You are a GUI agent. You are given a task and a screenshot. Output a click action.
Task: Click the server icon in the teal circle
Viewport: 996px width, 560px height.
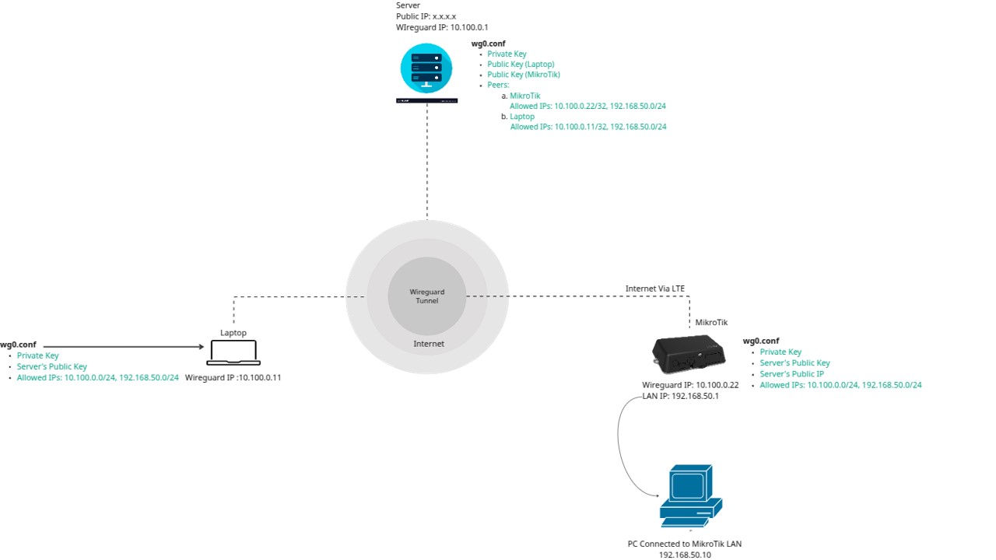[426, 68]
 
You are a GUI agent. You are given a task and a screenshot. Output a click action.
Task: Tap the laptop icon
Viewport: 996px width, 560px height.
[233, 352]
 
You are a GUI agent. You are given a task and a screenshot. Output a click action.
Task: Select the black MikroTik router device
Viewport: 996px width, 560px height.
[688, 354]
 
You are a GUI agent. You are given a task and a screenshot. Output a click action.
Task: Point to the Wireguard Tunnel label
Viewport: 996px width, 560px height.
[426, 296]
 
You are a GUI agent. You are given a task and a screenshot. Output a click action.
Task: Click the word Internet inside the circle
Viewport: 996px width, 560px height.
[429, 344]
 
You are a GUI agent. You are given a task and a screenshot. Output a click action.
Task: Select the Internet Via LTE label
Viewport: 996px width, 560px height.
[655, 289]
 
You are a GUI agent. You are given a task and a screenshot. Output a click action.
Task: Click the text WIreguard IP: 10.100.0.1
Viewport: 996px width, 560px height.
[442, 27]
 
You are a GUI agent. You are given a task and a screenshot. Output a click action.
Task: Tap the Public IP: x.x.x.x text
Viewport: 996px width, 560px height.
[426, 16]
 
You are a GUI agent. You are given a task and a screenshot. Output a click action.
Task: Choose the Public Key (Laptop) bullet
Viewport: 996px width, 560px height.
[521, 65]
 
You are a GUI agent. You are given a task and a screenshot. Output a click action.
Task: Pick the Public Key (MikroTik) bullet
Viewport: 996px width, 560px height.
[524, 75]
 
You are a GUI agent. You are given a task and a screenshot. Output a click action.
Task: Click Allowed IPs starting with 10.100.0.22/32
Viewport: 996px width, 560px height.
[587, 106]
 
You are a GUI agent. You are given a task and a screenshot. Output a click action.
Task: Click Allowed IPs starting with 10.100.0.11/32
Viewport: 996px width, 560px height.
[587, 127]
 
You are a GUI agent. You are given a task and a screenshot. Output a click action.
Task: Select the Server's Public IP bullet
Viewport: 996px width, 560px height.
[791, 374]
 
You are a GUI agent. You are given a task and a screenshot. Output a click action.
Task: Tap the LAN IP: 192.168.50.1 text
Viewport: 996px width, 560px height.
[680, 396]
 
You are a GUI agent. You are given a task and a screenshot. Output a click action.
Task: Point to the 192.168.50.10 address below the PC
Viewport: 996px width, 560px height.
[685, 555]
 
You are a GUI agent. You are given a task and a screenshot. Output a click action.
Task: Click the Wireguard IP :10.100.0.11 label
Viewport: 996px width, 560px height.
[233, 378]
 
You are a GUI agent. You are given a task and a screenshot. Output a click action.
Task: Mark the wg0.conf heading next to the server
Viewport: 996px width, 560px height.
[488, 44]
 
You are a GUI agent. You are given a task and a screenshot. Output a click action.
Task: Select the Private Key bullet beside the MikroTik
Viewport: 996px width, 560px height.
[780, 352]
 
